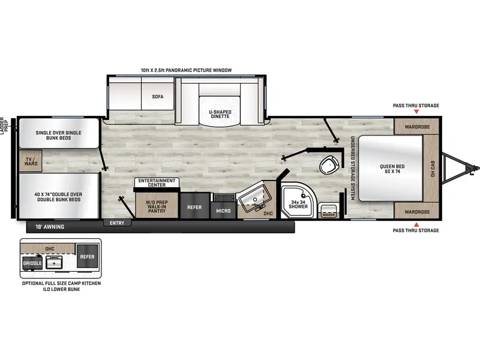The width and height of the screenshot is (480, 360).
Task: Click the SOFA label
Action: click(158, 96)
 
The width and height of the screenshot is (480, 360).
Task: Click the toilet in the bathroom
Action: click(329, 164)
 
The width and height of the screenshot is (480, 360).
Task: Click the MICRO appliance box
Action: click(224, 211)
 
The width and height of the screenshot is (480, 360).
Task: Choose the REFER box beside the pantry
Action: click(194, 208)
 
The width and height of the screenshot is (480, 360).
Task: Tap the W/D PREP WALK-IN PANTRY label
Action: click(157, 206)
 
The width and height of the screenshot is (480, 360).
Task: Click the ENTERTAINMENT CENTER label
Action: click(157, 182)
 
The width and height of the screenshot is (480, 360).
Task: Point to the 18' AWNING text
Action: click(51, 227)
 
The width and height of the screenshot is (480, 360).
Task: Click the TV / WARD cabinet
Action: click(29, 160)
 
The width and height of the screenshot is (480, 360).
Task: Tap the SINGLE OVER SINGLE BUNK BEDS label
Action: click(58, 136)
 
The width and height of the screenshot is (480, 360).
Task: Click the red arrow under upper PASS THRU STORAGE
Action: click(416, 112)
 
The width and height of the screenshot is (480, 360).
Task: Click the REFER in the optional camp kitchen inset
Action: click(87, 256)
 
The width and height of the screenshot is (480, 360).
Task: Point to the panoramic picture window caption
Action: click(186, 70)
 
